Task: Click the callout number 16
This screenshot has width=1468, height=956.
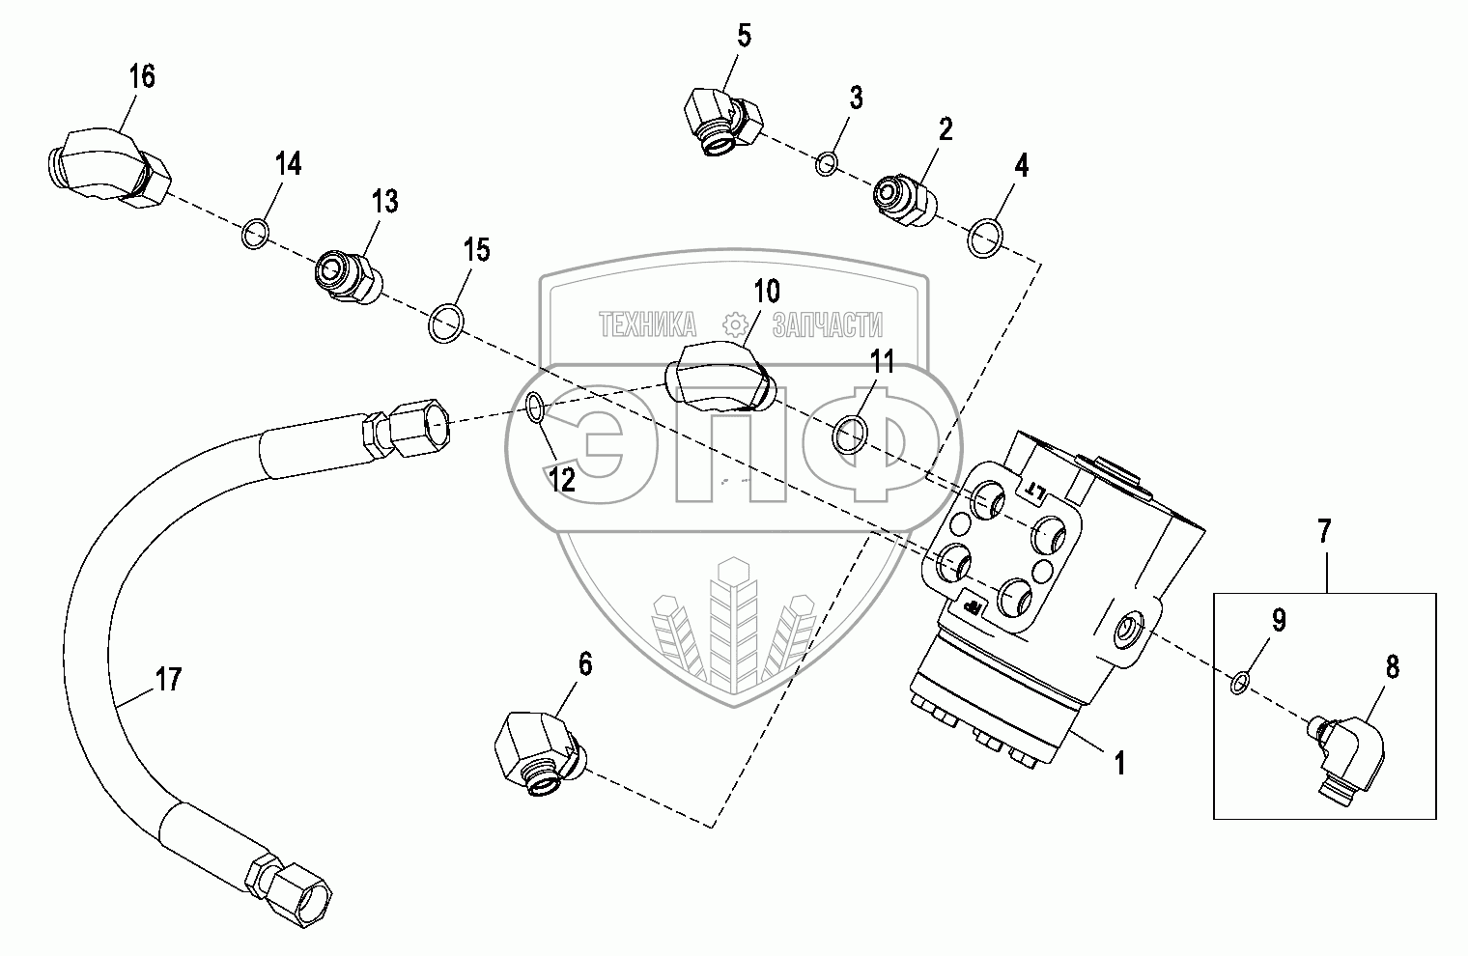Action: (142, 76)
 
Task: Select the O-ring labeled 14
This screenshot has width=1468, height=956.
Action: (255, 234)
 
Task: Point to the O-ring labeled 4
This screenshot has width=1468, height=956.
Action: (984, 239)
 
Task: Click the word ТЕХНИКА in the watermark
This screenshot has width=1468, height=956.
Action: (648, 324)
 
